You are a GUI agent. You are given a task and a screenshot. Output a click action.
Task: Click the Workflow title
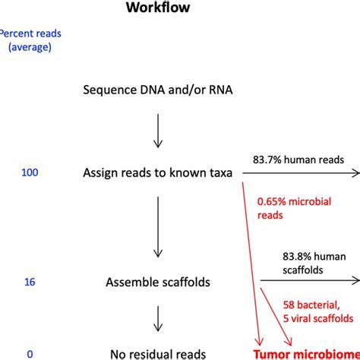pyautogui.click(x=179, y=8)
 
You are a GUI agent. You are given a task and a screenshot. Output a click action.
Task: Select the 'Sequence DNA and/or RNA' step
pyautogui.click(x=156, y=91)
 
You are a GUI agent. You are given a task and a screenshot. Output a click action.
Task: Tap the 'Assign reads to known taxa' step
pyautogui.click(x=161, y=173)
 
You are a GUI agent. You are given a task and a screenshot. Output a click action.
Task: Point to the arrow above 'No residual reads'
pyautogui.click(x=156, y=318)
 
